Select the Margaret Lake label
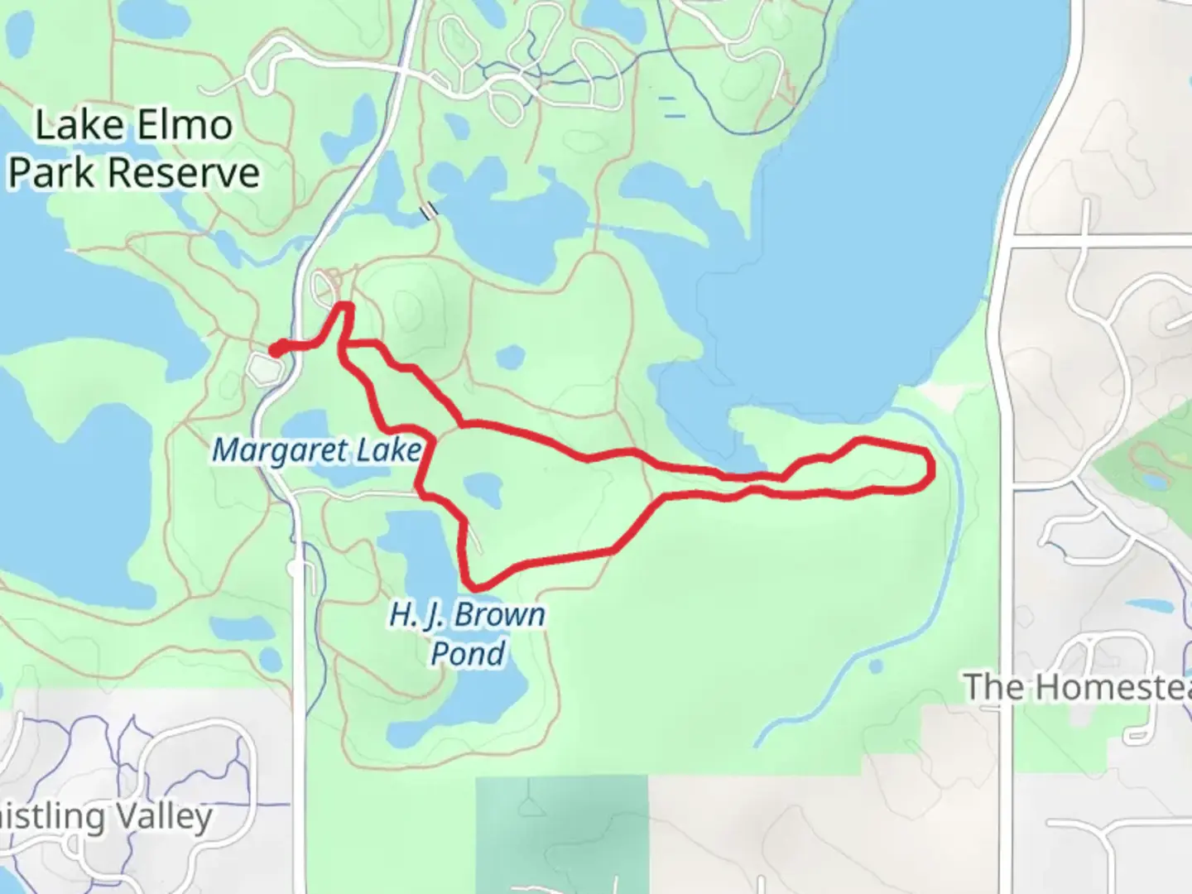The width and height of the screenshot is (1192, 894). click(316, 451)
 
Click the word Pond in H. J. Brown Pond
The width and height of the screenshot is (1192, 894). click(468, 654)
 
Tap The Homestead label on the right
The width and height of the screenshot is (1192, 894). click(1076, 687)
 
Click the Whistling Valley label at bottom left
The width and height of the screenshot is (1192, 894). click(108, 817)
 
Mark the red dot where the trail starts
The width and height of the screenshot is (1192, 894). click(275, 348)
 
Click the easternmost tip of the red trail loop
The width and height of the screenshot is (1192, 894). click(933, 470)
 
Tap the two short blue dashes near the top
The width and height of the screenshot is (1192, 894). click(671, 107)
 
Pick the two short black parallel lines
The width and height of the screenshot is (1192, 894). click(429, 212)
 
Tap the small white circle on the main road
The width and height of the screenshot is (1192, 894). click(296, 569)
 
